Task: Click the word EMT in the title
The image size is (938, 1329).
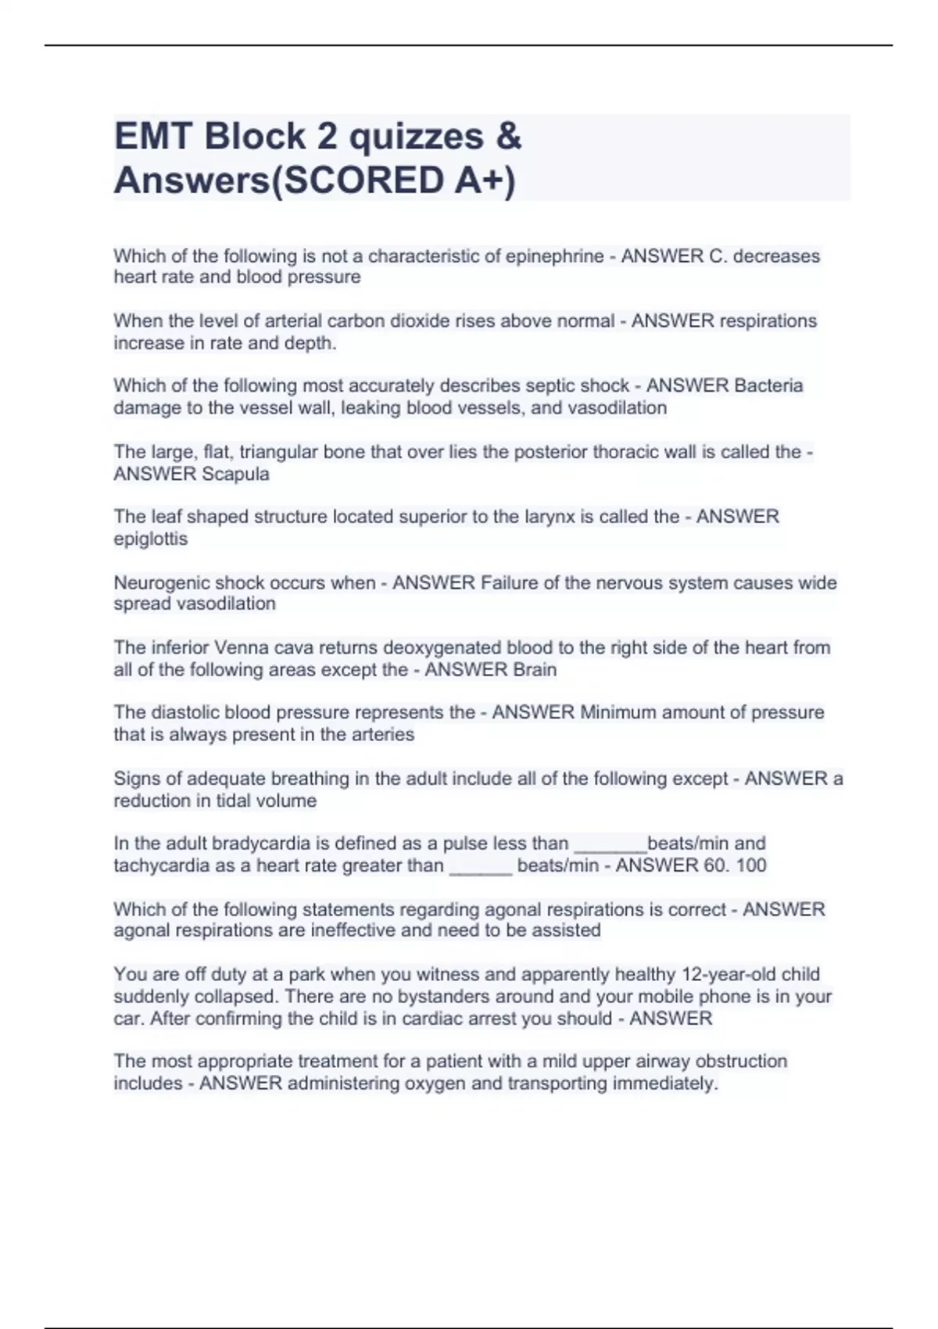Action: tap(153, 137)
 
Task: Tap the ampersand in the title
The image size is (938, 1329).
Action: tap(508, 137)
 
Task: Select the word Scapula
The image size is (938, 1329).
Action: tap(235, 474)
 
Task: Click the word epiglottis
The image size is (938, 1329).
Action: tap(151, 539)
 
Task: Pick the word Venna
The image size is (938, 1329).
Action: tap(242, 647)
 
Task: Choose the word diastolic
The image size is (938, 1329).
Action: tap(183, 712)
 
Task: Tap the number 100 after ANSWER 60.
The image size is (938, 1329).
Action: tap(750, 865)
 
